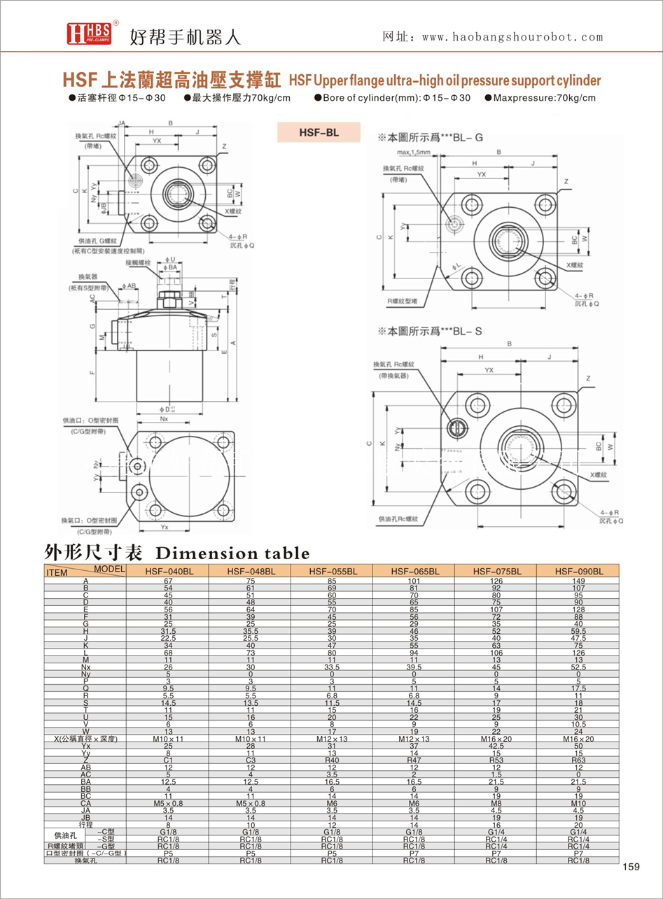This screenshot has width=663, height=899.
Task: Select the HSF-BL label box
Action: coord(319,132)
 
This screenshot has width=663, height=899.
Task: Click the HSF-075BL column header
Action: coord(496,572)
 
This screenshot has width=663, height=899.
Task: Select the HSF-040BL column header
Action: coord(168,572)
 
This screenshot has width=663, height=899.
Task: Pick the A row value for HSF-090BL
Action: coord(578,581)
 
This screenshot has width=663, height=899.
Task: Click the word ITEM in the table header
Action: coord(55,573)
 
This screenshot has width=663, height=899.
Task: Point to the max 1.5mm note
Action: coord(414,152)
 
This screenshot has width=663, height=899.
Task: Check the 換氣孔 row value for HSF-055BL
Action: coord(332,861)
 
